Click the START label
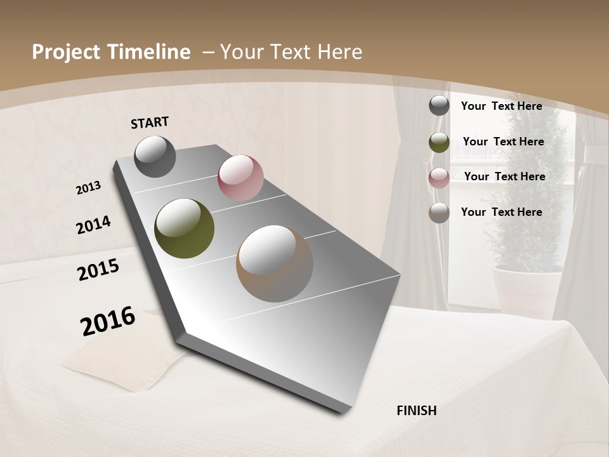(150, 123)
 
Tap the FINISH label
(416, 411)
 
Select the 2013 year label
(89, 187)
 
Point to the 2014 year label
(94, 225)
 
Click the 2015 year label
(98, 270)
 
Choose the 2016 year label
(108, 321)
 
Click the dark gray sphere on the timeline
(155, 156)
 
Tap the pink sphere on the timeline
(240, 178)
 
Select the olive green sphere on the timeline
(185, 228)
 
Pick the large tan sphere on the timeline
(275, 263)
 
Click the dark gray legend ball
(439, 106)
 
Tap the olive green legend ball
(439, 142)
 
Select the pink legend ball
(439, 177)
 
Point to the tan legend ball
(439, 213)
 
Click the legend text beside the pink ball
(504, 176)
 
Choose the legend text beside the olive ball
(503, 142)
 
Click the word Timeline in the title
(147, 52)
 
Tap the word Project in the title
(65, 52)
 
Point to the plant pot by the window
(527, 289)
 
